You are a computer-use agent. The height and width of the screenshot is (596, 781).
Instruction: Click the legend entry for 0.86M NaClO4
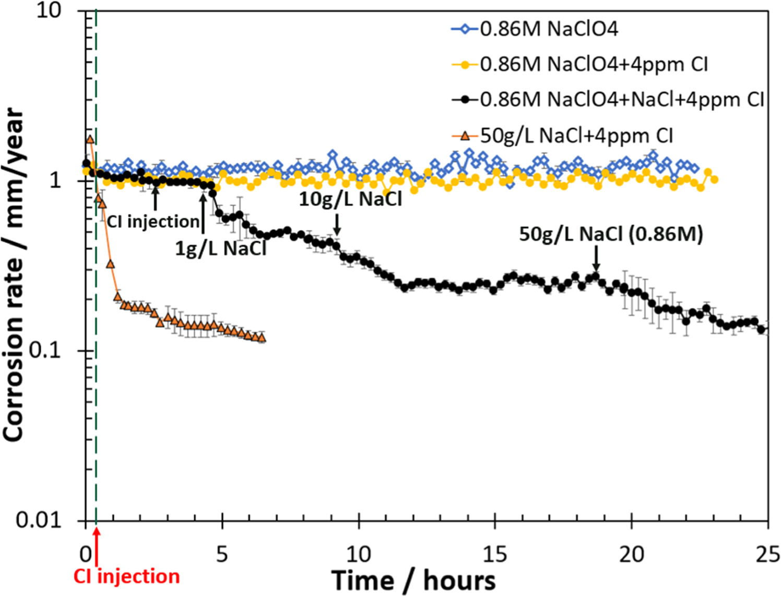point(548,29)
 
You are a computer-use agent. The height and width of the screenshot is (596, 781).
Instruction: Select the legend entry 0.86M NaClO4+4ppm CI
point(593,65)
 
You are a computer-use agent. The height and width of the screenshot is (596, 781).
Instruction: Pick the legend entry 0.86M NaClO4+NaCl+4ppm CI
point(621,99)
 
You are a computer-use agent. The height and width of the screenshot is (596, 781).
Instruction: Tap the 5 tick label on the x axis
point(222,553)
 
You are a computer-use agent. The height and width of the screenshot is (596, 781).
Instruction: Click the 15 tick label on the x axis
point(495,553)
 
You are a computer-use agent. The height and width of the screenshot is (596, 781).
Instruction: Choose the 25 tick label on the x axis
point(767,553)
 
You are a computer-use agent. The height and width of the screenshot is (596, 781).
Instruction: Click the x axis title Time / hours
point(413,580)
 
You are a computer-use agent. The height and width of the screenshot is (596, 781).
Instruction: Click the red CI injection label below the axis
point(126,577)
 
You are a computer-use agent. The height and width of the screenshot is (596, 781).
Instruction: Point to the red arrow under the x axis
point(97,546)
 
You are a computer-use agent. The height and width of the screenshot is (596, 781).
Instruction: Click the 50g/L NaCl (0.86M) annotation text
point(611,234)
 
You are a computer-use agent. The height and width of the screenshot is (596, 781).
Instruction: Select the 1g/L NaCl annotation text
point(220,248)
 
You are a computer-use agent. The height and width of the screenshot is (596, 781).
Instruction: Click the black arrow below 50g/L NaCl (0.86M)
point(596,258)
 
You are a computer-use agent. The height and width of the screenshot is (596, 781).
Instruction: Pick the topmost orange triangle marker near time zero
point(90,139)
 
